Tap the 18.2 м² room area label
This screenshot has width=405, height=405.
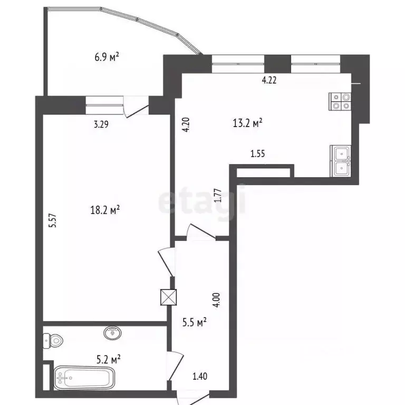coord(106,210)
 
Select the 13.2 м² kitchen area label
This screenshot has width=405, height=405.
coord(248,123)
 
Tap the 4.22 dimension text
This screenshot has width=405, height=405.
coord(269,81)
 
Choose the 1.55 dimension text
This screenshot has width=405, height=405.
coord(257,154)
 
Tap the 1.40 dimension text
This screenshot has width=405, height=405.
coord(200,376)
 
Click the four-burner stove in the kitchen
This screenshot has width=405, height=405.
coord(340,101)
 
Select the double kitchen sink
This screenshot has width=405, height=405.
coord(341,161)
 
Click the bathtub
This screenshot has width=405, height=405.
coord(84,378)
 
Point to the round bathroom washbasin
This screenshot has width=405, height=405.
coord(112,333)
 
